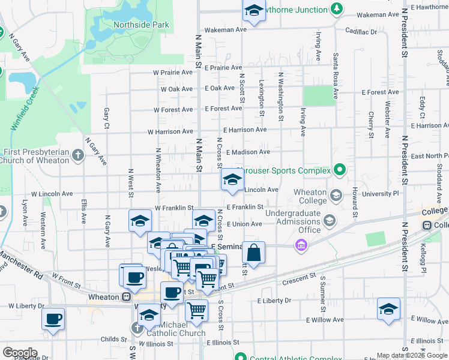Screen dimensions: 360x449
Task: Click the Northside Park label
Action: click(141, 25)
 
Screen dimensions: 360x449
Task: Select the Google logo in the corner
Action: click(20, 353)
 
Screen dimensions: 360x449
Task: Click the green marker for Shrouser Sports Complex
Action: click(340, 170)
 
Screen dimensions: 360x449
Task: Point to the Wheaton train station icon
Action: click(127, 297)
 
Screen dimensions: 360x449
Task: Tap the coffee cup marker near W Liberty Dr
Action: click(53, 319)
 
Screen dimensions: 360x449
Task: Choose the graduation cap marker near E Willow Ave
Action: click(388, 310)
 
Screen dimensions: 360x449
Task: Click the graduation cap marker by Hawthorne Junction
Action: click(254, 11)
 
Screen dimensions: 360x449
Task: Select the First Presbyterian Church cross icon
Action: click(77, 156)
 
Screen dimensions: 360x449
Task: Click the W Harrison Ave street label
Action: click(173, 131)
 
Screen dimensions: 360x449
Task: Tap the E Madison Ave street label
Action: click(248, 152)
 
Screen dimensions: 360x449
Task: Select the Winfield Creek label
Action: click(25, 109)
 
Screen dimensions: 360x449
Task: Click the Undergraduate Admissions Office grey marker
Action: click(330, 221)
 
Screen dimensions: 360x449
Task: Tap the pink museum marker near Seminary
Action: click(301, 245)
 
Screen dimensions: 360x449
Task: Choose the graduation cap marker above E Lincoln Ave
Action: click(232, 179)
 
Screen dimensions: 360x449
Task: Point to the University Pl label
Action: click(380, 194)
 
